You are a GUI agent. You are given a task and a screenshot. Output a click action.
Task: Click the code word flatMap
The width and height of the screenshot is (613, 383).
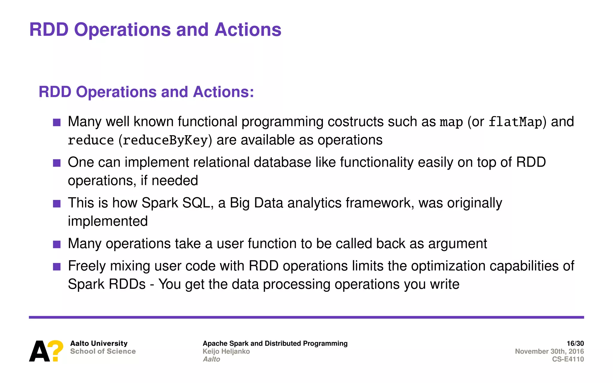point(515,122)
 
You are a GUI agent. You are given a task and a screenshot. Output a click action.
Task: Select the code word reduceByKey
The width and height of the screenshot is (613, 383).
point(165,140)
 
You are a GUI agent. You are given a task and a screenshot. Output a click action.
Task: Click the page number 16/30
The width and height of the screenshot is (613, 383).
point(575,343)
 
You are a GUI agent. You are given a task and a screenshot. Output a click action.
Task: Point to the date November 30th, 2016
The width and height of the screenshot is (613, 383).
point(549,351)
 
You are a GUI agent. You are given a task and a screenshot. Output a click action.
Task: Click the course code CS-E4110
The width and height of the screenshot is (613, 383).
point(568,359)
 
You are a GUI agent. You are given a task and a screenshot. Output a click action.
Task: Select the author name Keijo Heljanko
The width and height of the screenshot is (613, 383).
point(226,351)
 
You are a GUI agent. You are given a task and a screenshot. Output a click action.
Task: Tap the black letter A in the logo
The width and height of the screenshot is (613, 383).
point(39,352)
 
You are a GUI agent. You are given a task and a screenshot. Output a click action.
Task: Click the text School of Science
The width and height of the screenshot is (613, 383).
point(103,351)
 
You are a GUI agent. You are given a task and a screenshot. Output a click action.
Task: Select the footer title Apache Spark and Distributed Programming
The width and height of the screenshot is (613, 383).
point(275,343)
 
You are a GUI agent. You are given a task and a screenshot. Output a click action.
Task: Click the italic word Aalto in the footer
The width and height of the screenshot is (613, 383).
point(211,359)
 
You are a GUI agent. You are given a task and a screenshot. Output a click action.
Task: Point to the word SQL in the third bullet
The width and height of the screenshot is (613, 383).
point(196,203)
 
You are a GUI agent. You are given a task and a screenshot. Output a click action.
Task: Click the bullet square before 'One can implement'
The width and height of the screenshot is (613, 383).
point(57,163)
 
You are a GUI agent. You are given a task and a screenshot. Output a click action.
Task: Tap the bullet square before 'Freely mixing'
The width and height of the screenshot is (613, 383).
point(57,267)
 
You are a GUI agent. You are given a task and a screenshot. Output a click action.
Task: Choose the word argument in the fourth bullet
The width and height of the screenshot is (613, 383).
point(457,244)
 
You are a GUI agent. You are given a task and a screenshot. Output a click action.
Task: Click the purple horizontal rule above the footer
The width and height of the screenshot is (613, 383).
point(306,317)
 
